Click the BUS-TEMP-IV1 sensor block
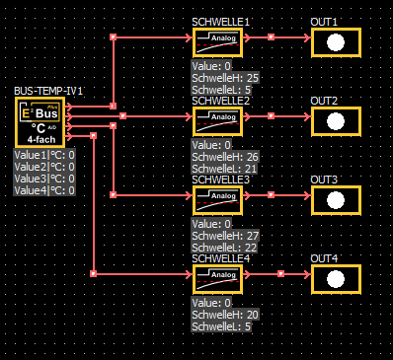click(x=39, y=122)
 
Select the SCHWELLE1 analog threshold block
click(x=217, y=42)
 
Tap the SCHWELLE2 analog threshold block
click(x=217, y=121)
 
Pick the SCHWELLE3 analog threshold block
click(x=217, y=200)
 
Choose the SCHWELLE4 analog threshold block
click(x=217, y=279)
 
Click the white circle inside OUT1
click(x=336, y=42)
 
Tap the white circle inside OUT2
click(x=336, y=121)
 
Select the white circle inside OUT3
click(x=336, y=200)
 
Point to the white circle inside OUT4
click(x=336, y=279)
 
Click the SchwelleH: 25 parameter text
click(x=225, y=78)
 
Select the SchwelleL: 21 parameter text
click(x=224, y=169)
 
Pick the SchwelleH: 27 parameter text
click(x=225, y=236)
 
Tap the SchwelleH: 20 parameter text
click(x=225, y=315)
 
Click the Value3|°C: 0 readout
click(x=44, y=179)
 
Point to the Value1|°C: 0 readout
click(x=44, y=155)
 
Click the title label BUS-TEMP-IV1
click(x=48, y=91)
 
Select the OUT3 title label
click(x=324, y=180)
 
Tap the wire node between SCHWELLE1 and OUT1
click(x=271, y=37)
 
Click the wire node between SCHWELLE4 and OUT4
click(x=280, y=274)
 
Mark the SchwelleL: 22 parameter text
click(x=224, y=248)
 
